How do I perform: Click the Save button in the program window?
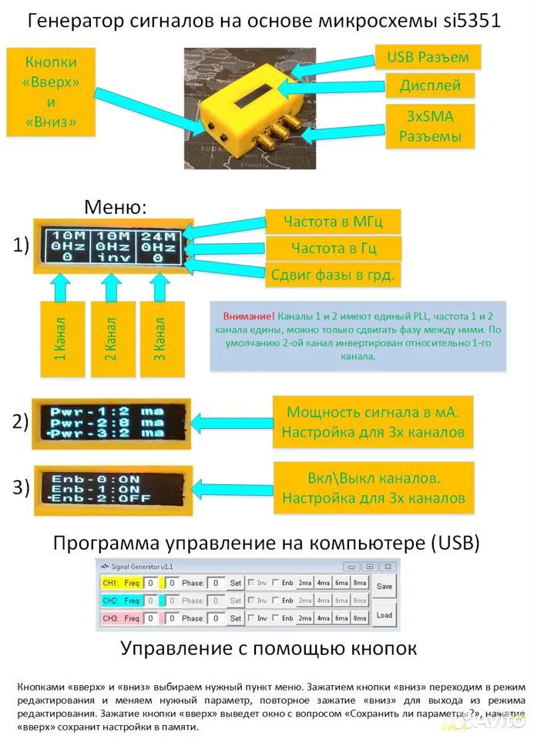(x=384, y=586)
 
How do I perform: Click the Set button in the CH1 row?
(x=236, y=583)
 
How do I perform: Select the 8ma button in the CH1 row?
(x=360, y=583)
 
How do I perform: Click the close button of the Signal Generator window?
(x=391, y=567)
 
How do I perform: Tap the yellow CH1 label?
(x=109, y=583)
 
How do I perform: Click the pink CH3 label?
(x=109, y=618)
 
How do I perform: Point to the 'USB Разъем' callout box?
(x=427, y=57)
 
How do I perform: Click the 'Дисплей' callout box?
(x=430, y=85)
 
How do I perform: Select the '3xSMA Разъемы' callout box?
(x=430, y=126)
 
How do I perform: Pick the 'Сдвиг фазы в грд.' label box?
(x=332, y=274)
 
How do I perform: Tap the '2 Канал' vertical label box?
(x=112, y=339)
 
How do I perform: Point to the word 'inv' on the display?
(x=112, y=259)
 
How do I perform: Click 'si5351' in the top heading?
(x=472, y=21)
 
